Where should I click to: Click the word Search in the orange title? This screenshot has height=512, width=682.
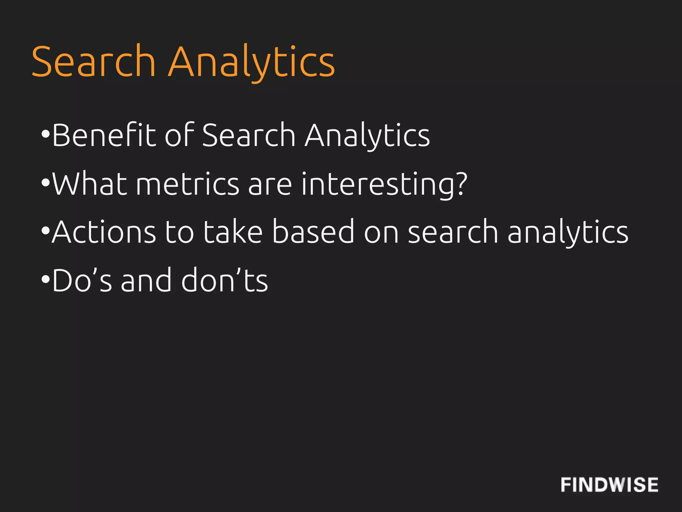(94, 62)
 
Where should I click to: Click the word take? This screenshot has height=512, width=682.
(233, 231)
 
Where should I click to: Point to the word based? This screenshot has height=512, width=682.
(313, 231)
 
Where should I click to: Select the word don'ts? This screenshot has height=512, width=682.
(224, 280)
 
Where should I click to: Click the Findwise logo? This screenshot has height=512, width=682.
(609, 485)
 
